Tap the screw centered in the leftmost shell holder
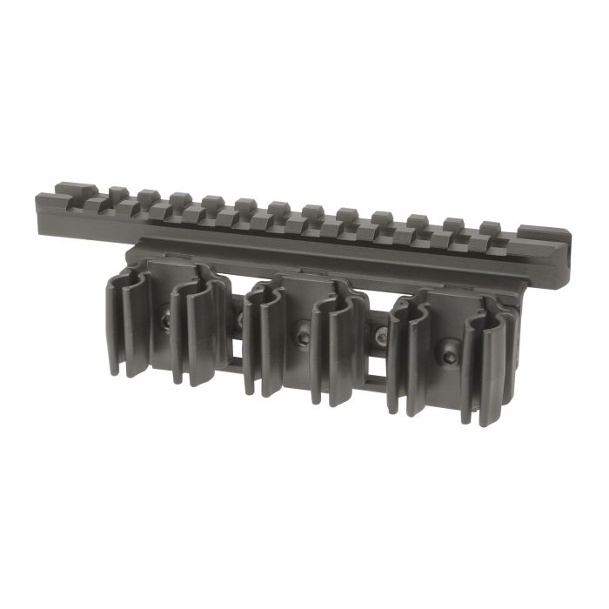[165, 322]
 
